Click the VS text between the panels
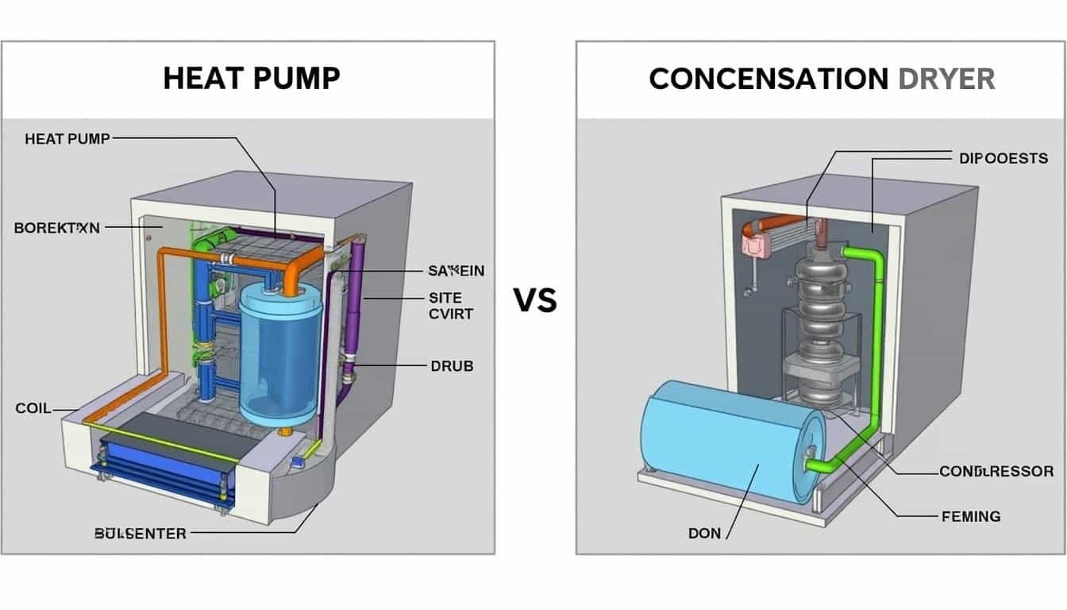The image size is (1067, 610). (535, 300)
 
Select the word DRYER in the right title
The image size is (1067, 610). (946, 79)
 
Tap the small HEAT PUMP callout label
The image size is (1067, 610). (67, 139)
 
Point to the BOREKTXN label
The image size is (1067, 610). (57, 228)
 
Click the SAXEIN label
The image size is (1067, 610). (456, 271)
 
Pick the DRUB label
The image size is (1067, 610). (452, 366)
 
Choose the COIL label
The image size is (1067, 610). (33, 408)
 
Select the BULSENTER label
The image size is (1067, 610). (140, 534)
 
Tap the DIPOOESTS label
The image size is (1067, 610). (1003, 158)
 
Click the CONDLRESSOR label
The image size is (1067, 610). (996, 472)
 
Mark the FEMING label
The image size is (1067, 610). (970, 516)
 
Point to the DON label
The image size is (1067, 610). (704, 533)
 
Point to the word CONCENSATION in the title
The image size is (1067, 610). (768, 79)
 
